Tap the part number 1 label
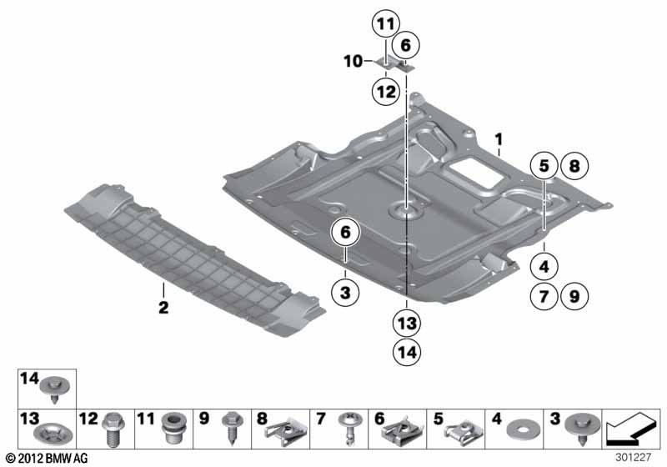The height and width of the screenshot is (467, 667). point(498,137)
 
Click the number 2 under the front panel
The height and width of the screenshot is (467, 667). point(163,309)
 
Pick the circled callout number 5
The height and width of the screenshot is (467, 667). point(543,167)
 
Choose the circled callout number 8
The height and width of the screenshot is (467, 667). point(573,167)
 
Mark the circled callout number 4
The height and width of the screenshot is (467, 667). point(543,268)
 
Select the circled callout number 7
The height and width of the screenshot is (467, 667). point(543,294)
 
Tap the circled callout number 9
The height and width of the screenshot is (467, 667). point(573,294)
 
